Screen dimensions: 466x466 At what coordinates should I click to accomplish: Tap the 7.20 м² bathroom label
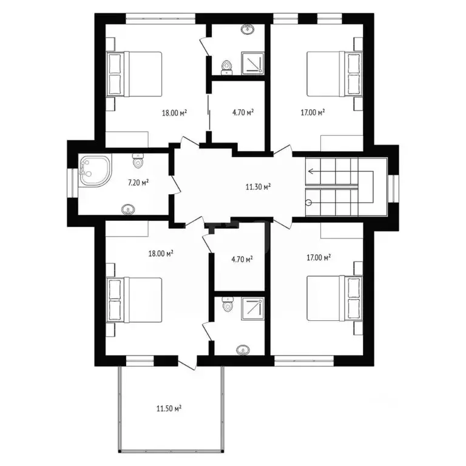click(x=138, y=181)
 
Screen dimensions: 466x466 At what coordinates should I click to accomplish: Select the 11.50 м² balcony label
click(x=170, y=408)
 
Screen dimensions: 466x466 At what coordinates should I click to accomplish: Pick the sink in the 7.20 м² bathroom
click(x=129, y=209)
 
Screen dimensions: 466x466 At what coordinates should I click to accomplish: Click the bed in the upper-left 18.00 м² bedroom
click(x=136, y=74)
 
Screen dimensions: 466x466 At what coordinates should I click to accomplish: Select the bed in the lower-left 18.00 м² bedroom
click(x=136, y=300)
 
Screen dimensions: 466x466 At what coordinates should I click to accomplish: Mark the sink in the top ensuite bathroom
click(x=248, y=29)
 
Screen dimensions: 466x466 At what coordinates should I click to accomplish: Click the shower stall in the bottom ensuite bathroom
click(x=252, y=308)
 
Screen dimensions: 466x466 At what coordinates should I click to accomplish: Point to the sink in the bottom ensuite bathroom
click(x=243, y=349)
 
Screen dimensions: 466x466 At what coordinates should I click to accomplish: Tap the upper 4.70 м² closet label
click(x=243, y=112)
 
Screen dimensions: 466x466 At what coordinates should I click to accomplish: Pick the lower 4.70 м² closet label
click(x=243, y=259)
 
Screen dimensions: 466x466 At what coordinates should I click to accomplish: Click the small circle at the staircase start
click(x=308, y=202)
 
